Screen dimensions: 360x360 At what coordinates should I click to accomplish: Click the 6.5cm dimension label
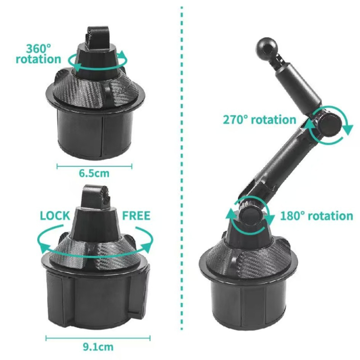(x=94, y=173)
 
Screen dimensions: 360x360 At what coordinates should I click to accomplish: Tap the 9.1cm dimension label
(x=98, y=346)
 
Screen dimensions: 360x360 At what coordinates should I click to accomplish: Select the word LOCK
(x=55, y=215)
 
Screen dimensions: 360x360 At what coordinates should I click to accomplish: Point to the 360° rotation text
(x=38, y=54)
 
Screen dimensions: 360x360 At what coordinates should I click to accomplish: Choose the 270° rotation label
(x=260, y=120)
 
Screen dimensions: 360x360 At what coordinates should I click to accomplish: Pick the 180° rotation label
(x=317, y=216)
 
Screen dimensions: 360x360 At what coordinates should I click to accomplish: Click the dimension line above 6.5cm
(x=94, y=166)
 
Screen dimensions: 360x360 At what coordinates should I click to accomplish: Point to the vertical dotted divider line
(x=181, y=180)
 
